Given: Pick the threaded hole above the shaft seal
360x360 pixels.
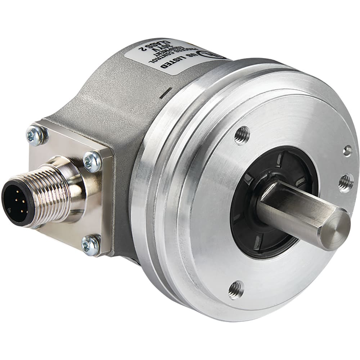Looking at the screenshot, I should [242, 135].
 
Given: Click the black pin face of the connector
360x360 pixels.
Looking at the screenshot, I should [17, 204].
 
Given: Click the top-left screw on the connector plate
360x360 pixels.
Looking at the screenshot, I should [36, 135].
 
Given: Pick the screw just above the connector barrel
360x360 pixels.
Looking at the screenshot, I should [92, 162].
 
